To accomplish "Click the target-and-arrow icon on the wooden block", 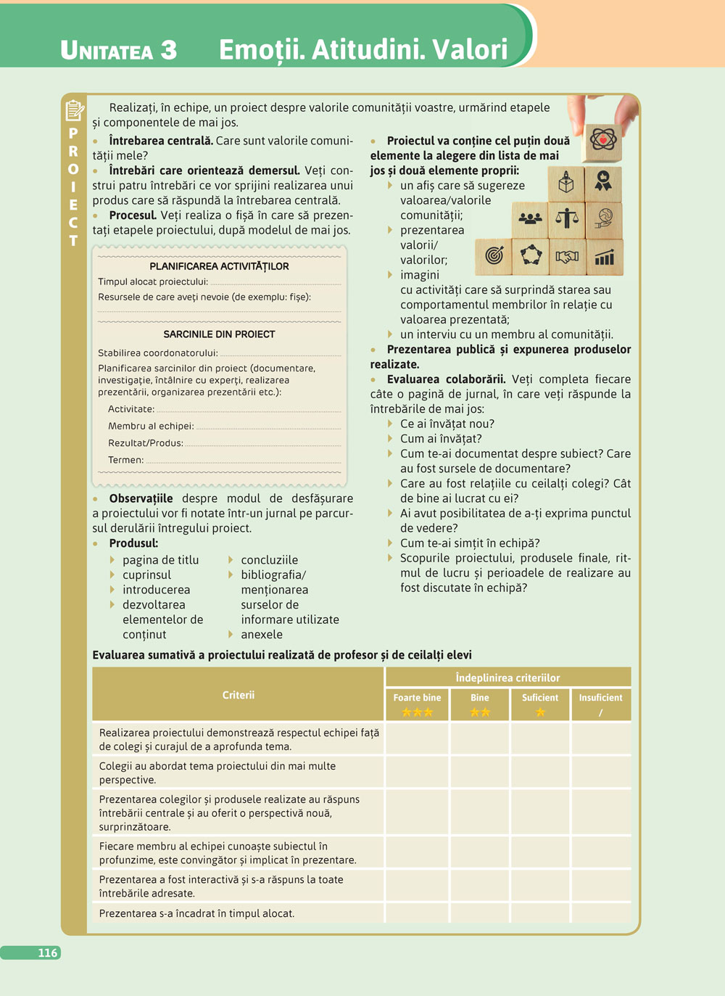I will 494,255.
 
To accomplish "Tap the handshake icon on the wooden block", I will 567,256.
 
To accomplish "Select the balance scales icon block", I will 567,218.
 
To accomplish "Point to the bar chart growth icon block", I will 604,257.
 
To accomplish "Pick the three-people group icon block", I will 531,218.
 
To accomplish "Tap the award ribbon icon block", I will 603,181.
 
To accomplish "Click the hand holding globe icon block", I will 604,218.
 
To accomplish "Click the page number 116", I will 48,952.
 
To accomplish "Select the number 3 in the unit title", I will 168,49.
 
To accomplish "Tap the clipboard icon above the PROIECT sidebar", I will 74,111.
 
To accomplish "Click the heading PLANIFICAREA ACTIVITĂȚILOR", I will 219,266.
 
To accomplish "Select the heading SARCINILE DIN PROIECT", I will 219,334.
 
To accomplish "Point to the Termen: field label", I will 126,460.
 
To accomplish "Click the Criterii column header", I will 239,695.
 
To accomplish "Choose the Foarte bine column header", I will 417,698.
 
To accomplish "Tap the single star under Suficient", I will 540,712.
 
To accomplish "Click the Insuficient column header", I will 600,698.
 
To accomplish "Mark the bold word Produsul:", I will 133,543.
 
